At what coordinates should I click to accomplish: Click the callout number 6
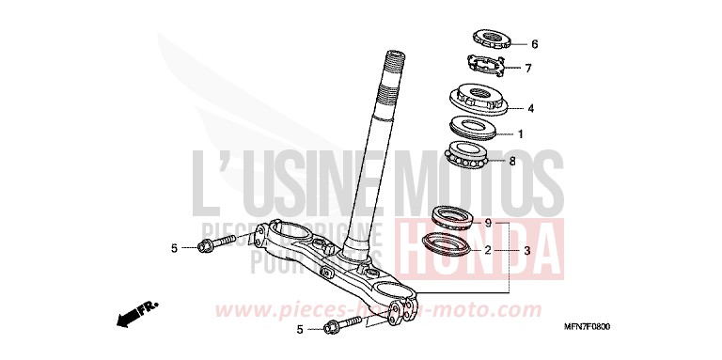(x=534, y=44)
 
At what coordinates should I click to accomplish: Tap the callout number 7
(x=528, y=68)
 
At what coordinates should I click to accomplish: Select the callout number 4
(x=531, y=108)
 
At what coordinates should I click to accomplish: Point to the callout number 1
(x=520, y=134)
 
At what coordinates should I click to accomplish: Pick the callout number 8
(x=512, y=161)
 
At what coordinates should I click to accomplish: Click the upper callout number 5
(x=174, y=248)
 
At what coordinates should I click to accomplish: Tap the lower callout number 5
(x=299, y=330)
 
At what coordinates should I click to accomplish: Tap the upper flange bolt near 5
(x=213, y=247)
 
